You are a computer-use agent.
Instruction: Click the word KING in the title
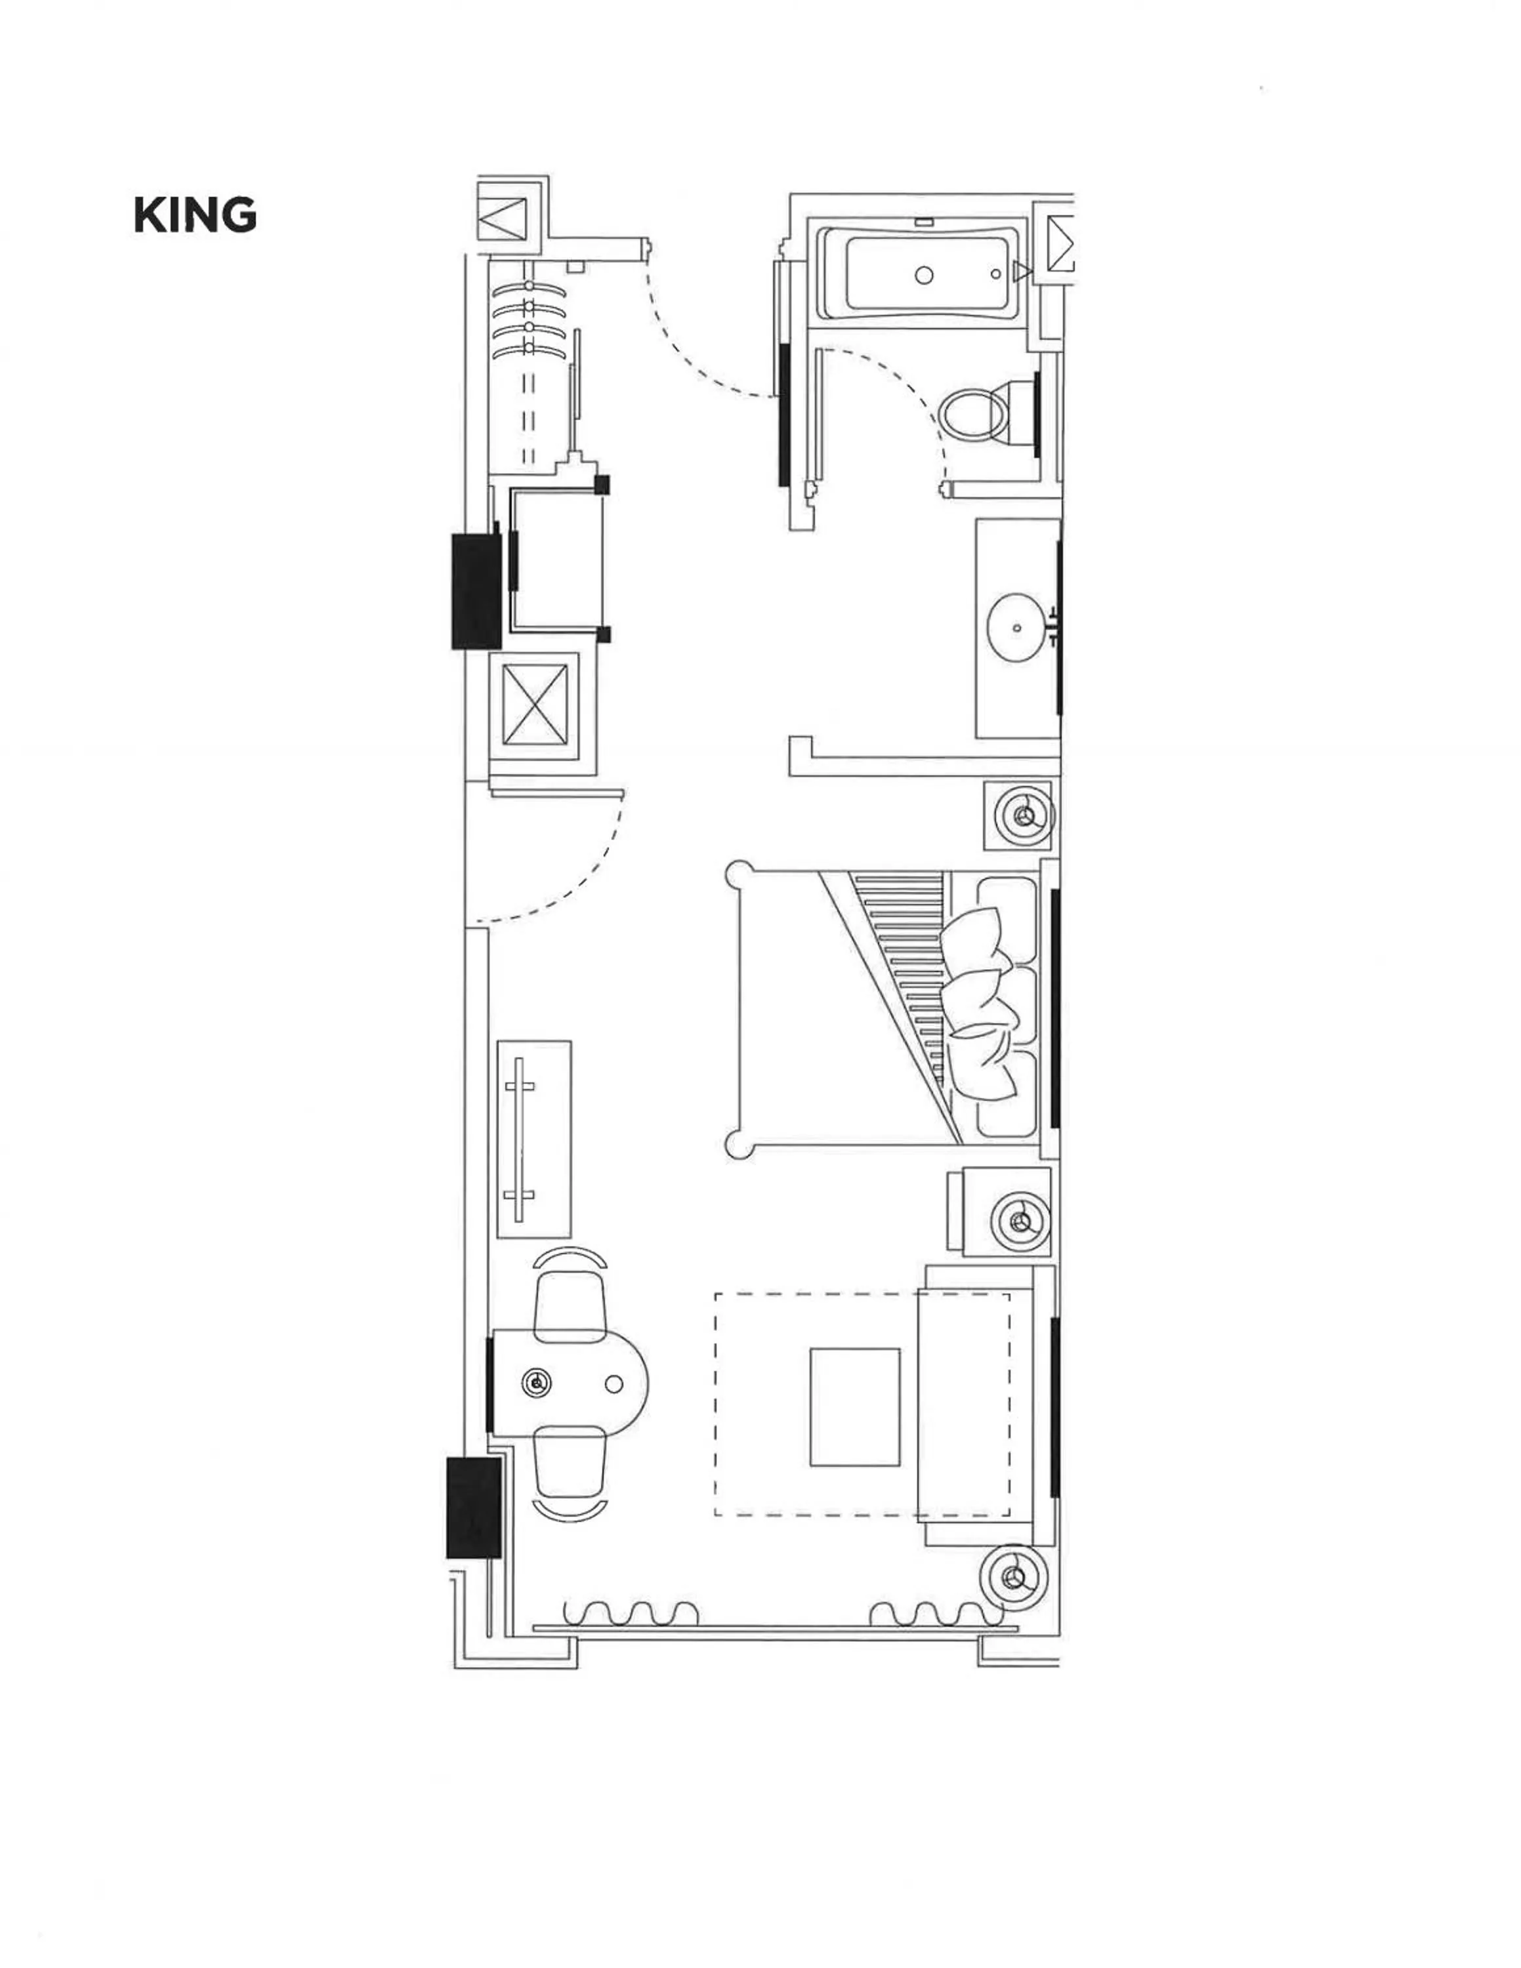[x=196, y=215]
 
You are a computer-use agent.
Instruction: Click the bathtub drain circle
[x=924, y=276]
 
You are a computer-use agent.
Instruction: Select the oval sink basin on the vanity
[x=1017, y=627]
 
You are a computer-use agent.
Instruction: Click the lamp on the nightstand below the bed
[x=1020, y=1221]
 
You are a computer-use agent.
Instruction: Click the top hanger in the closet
[x=529, y=287]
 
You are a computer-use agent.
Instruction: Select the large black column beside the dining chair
[x=474, y=1507]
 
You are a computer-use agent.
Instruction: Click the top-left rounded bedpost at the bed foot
[x=740, y=873]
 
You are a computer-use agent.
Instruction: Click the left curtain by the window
[x=631, y=1614]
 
